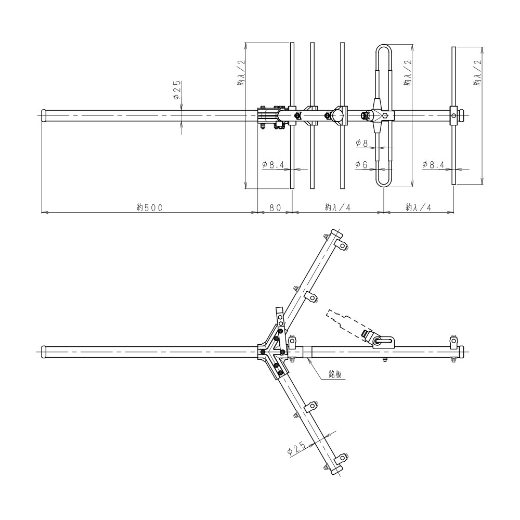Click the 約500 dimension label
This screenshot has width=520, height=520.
point(150,207)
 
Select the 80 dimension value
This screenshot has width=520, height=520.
point(275,207)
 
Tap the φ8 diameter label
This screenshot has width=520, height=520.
point(362,144)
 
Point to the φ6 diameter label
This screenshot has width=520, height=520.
point(362,164)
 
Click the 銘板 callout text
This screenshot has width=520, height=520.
point(335,374)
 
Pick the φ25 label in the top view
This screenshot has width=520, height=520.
point(176,90)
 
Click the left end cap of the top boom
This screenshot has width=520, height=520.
point(44,116)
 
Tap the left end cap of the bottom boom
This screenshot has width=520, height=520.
point(44,352)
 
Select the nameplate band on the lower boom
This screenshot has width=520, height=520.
point(307,352)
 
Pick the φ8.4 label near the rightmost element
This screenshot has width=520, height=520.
point(433,164)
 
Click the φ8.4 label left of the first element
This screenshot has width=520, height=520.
point(273,164)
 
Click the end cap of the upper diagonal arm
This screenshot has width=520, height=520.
point(335,233)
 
